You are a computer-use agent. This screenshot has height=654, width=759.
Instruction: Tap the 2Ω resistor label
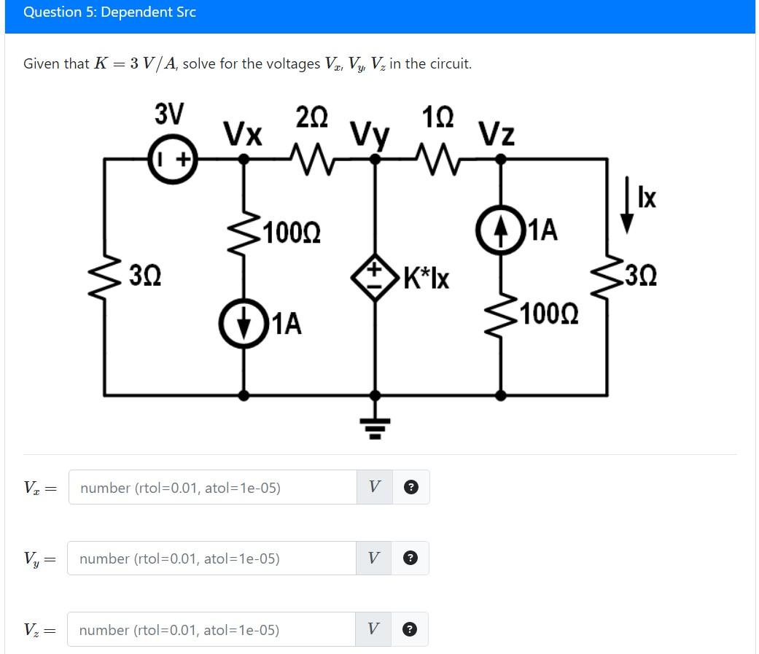point(312,117)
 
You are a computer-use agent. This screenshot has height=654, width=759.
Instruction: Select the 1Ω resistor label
point(438,117)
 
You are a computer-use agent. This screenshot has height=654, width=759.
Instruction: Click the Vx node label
point(243,134)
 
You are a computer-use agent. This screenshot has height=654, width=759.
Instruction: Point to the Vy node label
point(370,135)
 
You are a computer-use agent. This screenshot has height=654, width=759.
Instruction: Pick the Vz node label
point(497,134)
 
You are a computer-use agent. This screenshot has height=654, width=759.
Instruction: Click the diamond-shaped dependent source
point(375,277)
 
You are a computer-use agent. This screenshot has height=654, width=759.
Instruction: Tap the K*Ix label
point(426,278)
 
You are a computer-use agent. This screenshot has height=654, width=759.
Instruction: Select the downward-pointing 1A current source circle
point(244,322)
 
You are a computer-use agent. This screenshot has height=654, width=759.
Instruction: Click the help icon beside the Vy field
point(411,558)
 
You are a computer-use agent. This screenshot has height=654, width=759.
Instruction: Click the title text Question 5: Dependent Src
point(109,12)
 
